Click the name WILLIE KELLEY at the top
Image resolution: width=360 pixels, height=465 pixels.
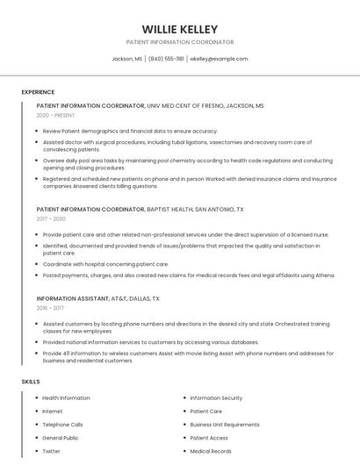pos(180,29)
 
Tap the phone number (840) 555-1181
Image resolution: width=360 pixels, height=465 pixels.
pos(166,59)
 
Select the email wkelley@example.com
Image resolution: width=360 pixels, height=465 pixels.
pos(219,59)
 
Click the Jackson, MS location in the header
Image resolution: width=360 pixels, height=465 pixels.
pos(126,59)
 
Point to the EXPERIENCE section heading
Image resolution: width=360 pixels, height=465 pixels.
pos(38,92)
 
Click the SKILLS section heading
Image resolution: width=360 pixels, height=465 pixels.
pos(31,382)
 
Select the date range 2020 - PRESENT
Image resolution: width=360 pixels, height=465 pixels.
pos(55,115)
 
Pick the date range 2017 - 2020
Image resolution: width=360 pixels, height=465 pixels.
pos(51,219)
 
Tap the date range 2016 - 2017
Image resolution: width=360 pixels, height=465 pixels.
pos(51,308)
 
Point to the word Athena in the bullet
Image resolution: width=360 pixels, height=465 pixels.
pos(325,275)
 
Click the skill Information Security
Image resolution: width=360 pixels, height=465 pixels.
pos(216,398)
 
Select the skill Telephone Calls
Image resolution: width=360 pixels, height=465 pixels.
pos(62,425)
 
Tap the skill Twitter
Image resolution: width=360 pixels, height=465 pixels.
pos(51,451)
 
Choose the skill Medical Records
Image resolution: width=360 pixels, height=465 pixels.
pos(211,451)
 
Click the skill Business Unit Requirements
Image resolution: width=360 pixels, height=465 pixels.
pos(225,425)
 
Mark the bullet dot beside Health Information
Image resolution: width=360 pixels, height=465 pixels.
pos(37,398)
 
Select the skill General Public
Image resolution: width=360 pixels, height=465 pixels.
pos(61,438)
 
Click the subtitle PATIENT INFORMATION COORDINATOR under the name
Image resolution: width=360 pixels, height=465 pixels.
pos(180,42)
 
